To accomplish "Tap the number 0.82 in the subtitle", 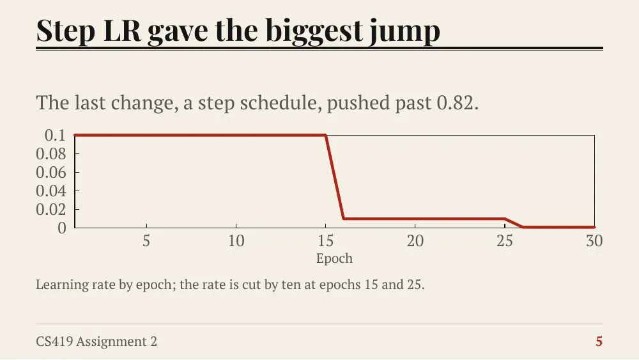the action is pyautogui.click(x=458, y=102).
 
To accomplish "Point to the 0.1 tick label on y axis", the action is pyautogui.click(x=55, y=135).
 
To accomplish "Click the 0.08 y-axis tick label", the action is pyautogui.click(x=51, y=153).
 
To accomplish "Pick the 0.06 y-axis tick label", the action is pyautogui.click(x=51, y=172).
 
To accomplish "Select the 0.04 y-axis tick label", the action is pyautogui.click(x=51, y=191).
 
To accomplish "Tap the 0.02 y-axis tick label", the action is pyautogui.click(x=51, y=209).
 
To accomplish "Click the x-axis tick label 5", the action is pyautogui.click(x=146, y=241).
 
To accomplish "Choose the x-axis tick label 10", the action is pyautogui.click(x=236, y=241).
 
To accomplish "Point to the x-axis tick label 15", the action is pyautogui.click(x=326, y=241).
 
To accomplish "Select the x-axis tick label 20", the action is pyautogui.click(x=415, y=241).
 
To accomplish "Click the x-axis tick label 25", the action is pyautogui.click(x=505, y=241).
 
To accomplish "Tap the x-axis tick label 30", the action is pyautogui.click(x=594, y=241).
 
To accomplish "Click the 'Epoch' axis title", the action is pyautogui.click(x=334, y=258).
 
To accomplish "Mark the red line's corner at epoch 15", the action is pyautogui.click(x=326, y=135).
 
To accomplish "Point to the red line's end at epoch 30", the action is pyautogui.click(x=594, y=227).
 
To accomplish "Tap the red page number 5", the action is pyautogui.click(x=599, y=341).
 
